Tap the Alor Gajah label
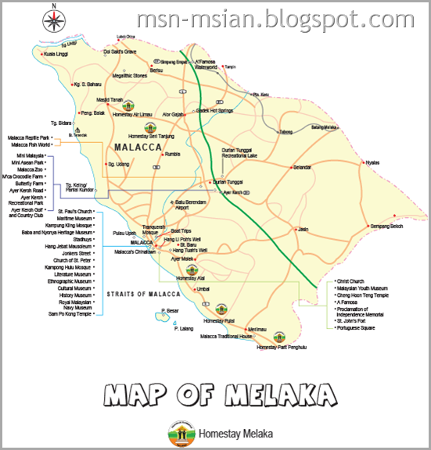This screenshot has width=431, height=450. tap(173, 115)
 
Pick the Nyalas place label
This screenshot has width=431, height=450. tap(372, 162)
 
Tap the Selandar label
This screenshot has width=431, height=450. tap(303, 167)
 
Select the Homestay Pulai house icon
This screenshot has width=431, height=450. tap(221, 310)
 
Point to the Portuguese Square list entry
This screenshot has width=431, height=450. tap(358, 327)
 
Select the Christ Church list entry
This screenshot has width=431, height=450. tap(350, 280)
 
